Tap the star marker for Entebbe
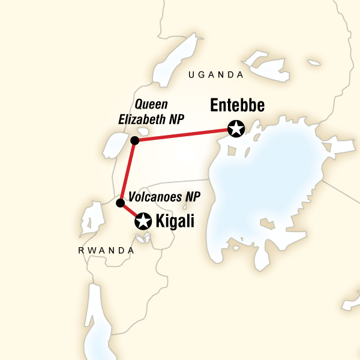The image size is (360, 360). (x=236, y=128)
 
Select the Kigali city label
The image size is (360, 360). (x=175, y=221)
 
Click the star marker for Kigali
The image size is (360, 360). (x=143, y=221)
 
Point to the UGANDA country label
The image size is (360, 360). (x=216, y=75)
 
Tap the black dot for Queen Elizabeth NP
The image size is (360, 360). (x=135, y=140)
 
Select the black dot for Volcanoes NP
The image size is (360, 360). (x=119, y=202)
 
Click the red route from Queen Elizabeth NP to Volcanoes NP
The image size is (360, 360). (x=127, y=172)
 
